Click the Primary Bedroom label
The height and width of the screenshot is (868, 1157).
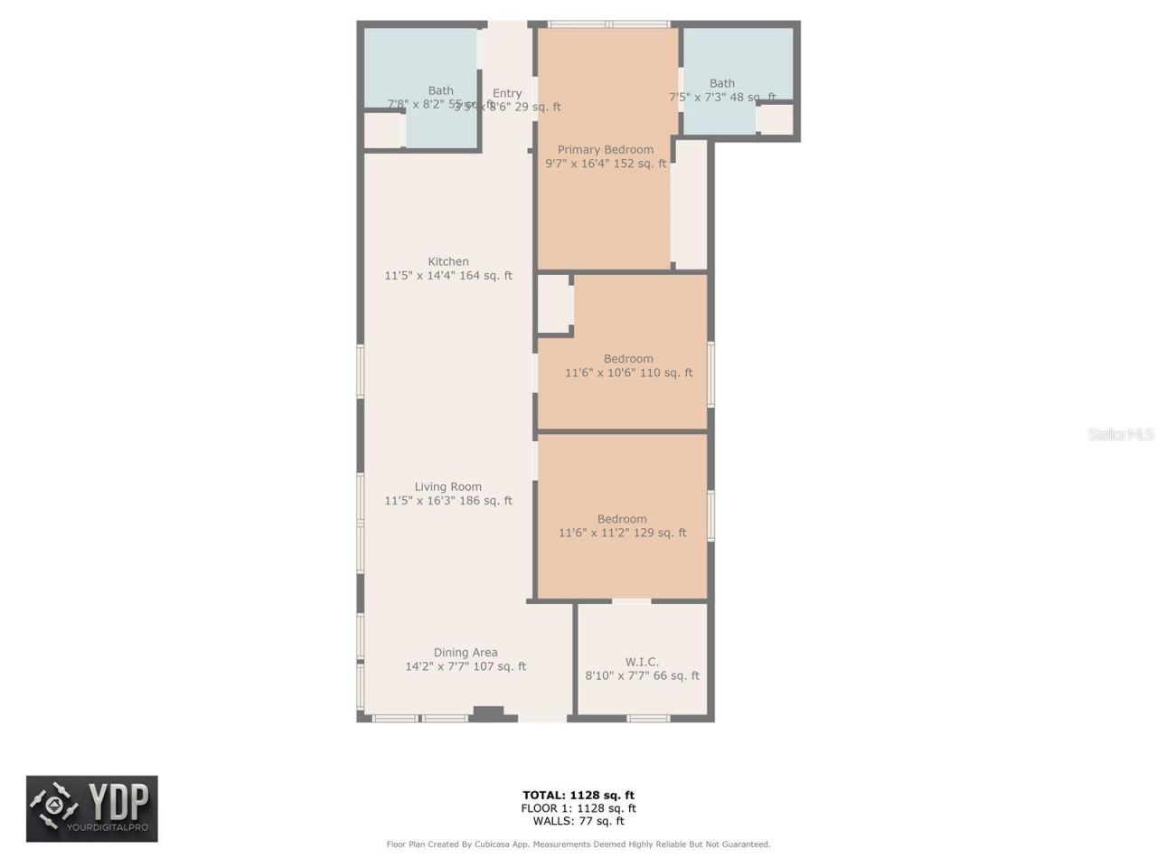(x=605, y=150)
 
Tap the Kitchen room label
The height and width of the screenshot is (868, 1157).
(x=448, y=262)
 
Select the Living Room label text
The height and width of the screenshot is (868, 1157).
(x=448, y=487)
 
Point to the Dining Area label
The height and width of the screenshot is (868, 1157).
(x=466, y=653)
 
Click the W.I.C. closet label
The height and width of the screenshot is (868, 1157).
(x=642, y=662)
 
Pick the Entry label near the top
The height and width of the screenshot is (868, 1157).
(x=507, y=93)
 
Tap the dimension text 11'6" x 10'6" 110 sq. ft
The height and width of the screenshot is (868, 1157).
(x=629, y=373)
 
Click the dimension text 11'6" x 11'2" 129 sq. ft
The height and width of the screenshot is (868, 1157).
(x=623, y=533)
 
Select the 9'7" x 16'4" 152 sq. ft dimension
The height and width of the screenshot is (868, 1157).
(x=606, y=164)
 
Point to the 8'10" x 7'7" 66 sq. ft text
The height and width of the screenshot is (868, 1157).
(x=642, y=675)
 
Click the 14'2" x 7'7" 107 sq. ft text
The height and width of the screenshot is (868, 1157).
(x=466, y=666)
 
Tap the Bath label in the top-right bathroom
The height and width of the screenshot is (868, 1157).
(x=722, y=83)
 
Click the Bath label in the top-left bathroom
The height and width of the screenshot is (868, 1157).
(x=441, y=90)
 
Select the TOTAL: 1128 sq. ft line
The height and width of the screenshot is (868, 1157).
(x=578, y=796)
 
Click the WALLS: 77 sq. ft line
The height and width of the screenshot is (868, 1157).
(x=578, y=821)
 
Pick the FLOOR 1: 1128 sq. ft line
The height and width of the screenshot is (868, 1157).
(x=578, y=808)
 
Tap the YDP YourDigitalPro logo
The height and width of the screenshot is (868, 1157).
(x=92, y=808)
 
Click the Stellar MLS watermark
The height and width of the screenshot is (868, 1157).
(x=1121, y=435)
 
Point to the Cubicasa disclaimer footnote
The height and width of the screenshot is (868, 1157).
(x=578, y=844)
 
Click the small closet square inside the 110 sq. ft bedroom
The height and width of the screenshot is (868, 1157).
(x=554, y=304)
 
